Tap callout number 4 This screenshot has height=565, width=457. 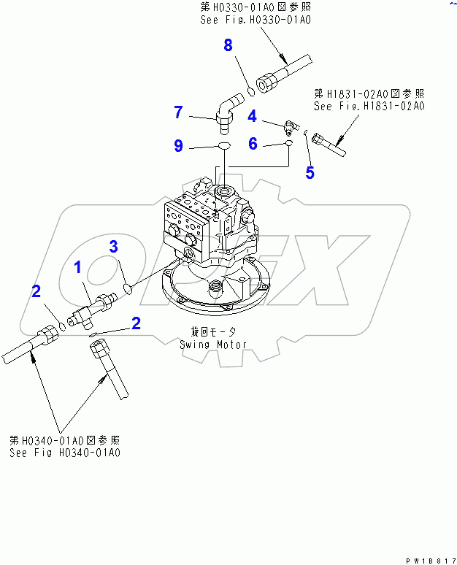[251, 115]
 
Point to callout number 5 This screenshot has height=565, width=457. [310, 173]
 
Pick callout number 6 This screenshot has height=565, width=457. [253, 144]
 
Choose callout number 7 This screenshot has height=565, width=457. [177, 112]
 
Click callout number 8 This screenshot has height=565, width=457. [228, 46]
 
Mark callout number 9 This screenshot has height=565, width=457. [178, 146]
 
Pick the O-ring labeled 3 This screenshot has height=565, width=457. [128, 288]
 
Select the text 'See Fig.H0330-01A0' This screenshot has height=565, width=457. [256, 20]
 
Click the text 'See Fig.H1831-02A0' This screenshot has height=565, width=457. [369, 106]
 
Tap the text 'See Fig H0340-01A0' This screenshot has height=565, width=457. [65, 453]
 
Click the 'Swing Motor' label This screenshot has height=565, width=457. [214, 344]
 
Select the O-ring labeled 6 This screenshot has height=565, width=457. [289, 145]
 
